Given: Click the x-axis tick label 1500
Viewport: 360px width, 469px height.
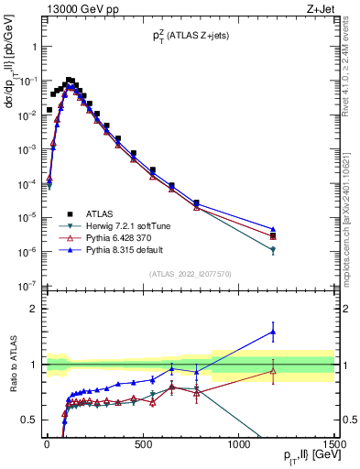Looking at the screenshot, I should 334,444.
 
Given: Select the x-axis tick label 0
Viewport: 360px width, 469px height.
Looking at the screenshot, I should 46,444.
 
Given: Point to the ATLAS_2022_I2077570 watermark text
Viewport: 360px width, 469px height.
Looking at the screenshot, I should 190,273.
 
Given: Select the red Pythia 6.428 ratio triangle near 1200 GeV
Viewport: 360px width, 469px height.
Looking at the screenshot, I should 273,370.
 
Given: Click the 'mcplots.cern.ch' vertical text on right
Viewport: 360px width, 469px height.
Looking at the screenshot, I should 351,211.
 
